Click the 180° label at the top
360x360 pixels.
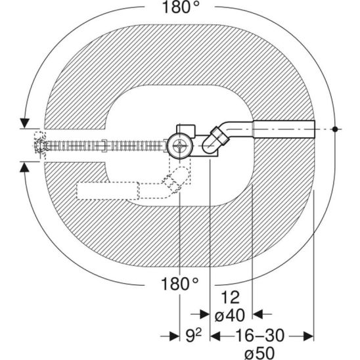(181, 7)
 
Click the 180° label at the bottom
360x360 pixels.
(180, 284)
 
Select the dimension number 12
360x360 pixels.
(231, 298)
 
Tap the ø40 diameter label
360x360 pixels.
(230, 315)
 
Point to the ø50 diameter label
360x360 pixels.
(259, 353)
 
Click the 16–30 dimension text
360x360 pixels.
(260, 336)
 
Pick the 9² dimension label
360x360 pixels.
(194, 336)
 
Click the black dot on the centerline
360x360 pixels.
(335, 129)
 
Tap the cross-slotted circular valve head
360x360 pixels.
(180, 146)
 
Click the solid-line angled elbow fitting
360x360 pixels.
(216, 140)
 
